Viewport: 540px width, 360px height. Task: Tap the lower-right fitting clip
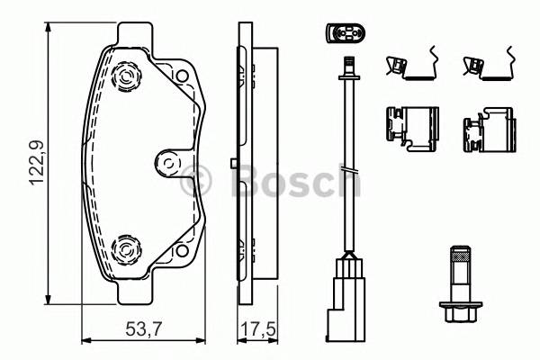[486, 130]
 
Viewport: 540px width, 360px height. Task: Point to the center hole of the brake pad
[166, 163]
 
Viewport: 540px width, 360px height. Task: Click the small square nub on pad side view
[232, 163]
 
